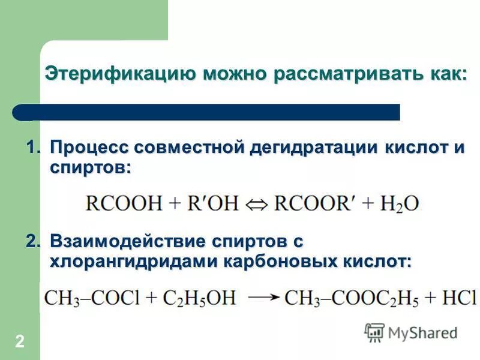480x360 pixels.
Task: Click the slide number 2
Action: click(x=20, y=342)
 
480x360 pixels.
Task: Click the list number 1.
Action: click(x=33, y=148)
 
